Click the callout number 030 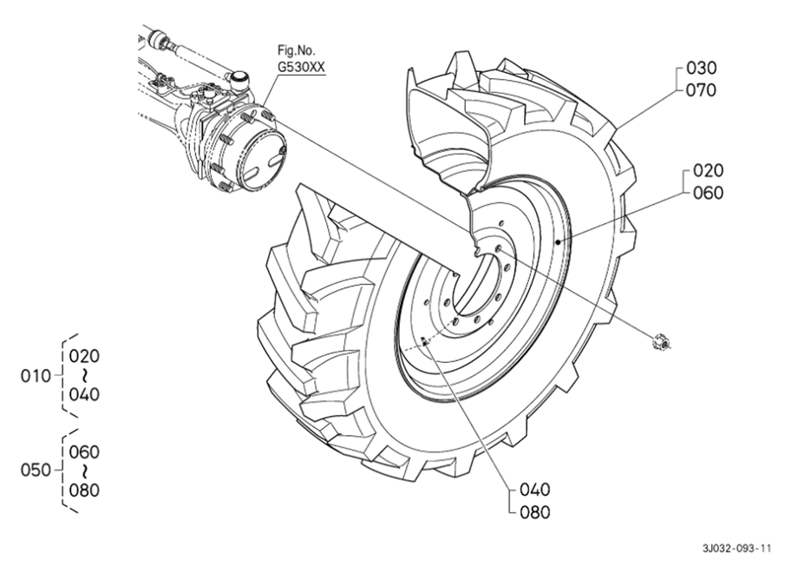click(x=702, y=68)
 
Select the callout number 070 click(x=702, y=90)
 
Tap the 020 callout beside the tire click(x=708, y=170)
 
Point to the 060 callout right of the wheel click(x=708, y=193)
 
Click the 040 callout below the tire click(x=535, y=490)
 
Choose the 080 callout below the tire click(x=535, y=511)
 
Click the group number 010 click(x=36, y=376)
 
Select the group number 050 click(x=36, y=470)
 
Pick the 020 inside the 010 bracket click(x=84, y=356)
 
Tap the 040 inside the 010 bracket click(x=84, y=395)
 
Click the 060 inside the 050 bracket click(x=84, y=451)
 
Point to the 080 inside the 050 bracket click(x=84, y=491)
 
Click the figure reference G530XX click(x=301, y=67)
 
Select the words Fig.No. click(x=296, y=50)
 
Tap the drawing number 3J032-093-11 click(x=737, y=549)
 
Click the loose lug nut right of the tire click(x=661, y=342)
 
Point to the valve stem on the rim click(x=423, y=343)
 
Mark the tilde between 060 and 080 click(x=84, y=471)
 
